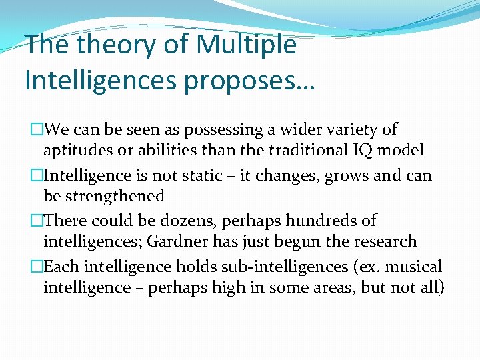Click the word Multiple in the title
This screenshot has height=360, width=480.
(247, 45)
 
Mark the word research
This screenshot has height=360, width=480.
(383, 241)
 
